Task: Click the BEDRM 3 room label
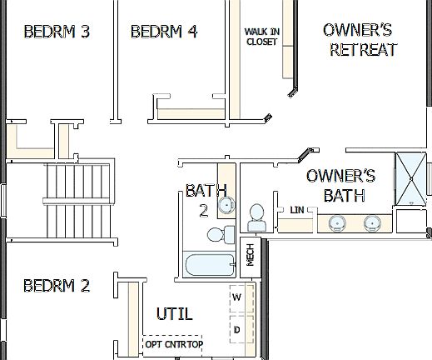(57, 32)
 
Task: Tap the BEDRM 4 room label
(164, 32)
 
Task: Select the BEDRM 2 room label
(57, 286)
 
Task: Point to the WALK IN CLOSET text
(261, 37)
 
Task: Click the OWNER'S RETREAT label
(362, 40)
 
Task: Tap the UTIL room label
(175, 314)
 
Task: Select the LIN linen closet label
(297, 209)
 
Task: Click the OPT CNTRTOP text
(174, 343)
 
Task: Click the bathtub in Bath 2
(210, 266)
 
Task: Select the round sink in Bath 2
(224, 205)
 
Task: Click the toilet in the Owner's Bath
(256, 217)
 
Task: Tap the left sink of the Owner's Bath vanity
(338, 222)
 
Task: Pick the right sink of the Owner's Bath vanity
(372, 222)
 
